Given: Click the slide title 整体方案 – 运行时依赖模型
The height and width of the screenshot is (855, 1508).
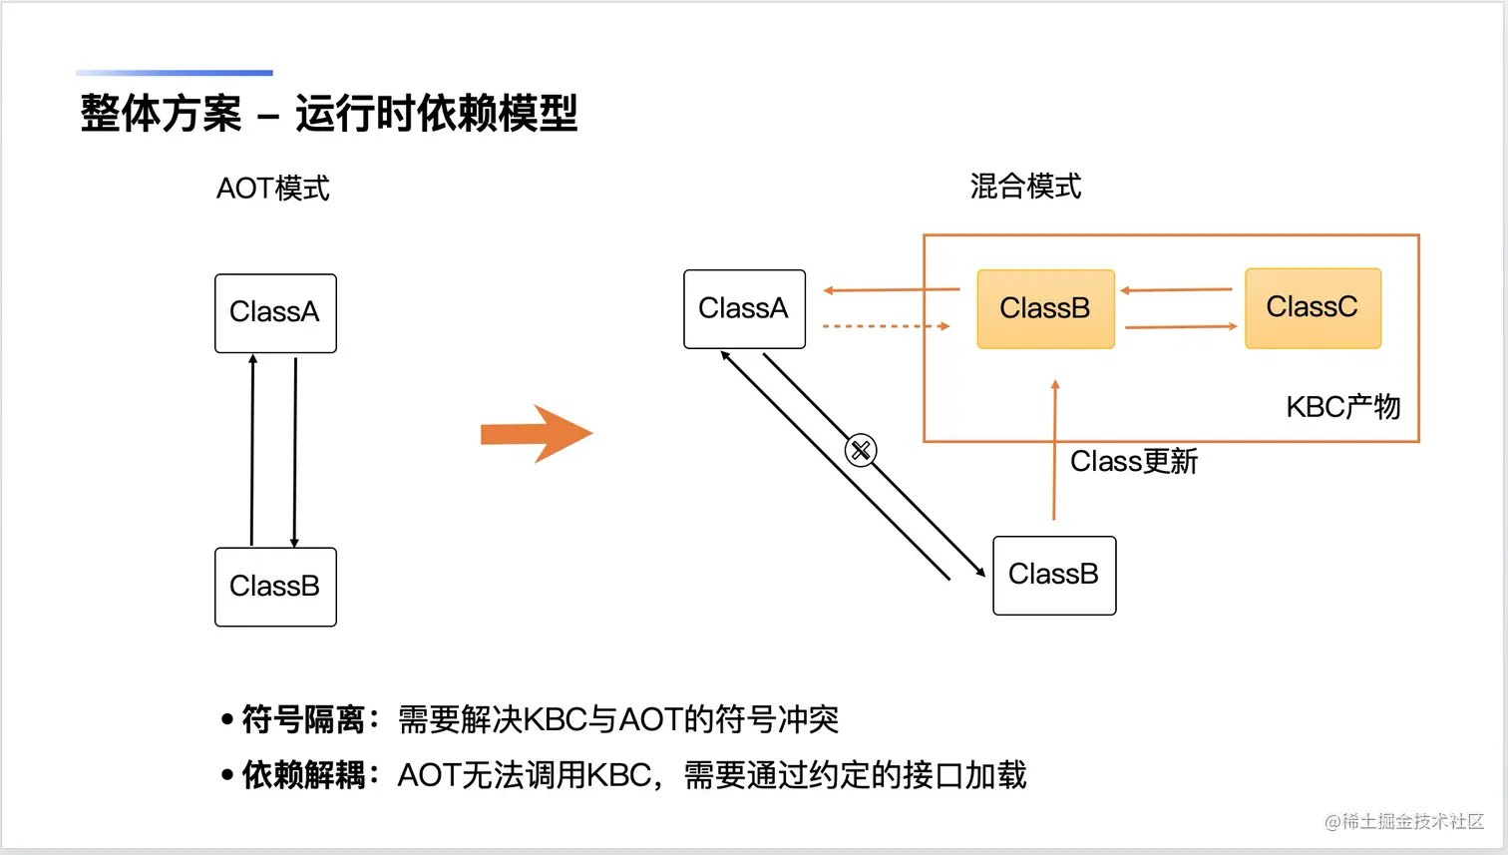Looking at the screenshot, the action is tap(328, 113).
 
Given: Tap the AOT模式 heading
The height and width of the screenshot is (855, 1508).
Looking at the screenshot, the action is tap(272, 189).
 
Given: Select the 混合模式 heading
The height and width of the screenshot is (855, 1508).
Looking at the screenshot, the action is tap(1025, 187).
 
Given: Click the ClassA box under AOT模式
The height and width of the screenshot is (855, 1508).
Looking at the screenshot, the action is tap(275, 313).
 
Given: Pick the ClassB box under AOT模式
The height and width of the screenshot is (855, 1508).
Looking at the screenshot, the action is tap(275, 587).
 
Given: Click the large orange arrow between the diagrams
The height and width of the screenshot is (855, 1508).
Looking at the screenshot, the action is tap(537, 434).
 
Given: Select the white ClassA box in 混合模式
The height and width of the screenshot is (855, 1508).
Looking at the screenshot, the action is tap(744, 309).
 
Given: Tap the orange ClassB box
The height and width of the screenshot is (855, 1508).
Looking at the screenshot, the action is tap(1045, 309).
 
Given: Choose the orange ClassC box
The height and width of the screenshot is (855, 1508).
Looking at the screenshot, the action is tap(1313, 308).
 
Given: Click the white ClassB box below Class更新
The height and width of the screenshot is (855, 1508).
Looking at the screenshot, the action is tap(1054, 576).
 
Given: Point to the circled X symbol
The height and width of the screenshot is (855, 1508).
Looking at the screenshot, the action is tap(861, 450).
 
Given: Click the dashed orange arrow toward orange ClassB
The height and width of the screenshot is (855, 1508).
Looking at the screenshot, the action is tap(886, 326).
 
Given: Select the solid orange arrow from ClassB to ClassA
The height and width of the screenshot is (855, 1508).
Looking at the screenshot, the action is tap(892, 290).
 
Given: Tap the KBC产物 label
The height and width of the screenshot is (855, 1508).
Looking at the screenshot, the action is tap(1343, 407).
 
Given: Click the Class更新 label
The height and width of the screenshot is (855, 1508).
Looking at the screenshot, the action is tap(1134, 462).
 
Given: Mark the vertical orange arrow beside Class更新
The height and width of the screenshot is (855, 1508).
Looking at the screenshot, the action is tap(1054, 450).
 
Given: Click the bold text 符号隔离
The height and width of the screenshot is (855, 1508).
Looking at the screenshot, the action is tap(303, 719).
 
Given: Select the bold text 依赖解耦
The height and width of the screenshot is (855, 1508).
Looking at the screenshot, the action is tap(303, 775).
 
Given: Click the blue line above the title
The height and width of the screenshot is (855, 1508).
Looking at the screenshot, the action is tap(175, 73).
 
